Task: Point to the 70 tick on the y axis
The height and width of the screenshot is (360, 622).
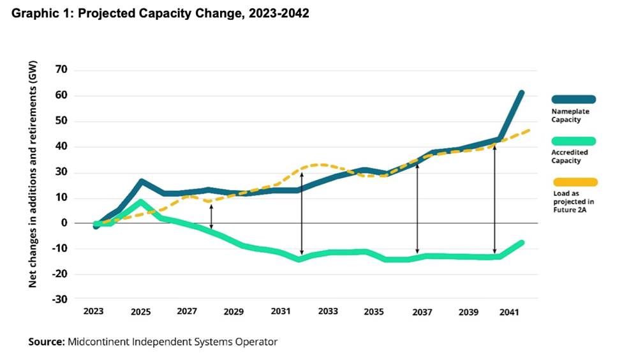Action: [x=61, y=70]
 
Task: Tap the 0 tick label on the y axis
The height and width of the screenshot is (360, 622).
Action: [x=64, y=223]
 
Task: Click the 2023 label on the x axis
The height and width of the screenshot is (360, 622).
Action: [x=94, y=312]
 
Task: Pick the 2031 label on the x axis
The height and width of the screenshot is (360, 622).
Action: [x=281, y=312]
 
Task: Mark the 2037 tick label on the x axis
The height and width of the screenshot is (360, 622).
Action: [x=422, y=312]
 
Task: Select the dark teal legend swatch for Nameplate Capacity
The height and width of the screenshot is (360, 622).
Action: [x=574, y=99]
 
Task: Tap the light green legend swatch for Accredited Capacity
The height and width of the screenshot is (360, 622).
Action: [x=574, y=140]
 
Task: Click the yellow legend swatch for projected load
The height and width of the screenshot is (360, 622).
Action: [x=574, y=182]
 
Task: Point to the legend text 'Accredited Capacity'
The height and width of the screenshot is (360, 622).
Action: [x=570, y=156]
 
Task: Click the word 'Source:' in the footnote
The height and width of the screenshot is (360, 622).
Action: [x=46, y=342]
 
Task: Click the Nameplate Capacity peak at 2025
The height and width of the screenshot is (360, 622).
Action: [x=141, y=182]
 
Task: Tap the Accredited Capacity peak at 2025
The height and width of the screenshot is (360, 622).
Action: [x=141, y=203]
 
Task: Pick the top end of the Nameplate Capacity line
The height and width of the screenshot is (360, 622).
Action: [x=521, y=93]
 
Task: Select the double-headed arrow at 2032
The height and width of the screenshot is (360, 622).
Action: [x=302, y=214]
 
